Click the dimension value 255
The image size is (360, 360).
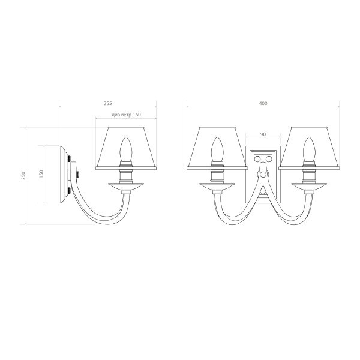pos(107,103)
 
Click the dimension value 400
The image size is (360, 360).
pos(263,103)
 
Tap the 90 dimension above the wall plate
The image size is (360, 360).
pos(263,134)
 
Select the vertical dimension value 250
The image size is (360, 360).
pos(23,176)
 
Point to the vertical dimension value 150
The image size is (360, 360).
pos(41,174)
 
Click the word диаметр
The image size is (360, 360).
pos(122,115)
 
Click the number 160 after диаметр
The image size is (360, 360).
pos(137,115)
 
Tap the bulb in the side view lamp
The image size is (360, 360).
pos(126,149)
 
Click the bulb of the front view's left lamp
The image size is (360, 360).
pos(217,149)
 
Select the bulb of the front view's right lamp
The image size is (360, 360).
pos(309,149)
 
